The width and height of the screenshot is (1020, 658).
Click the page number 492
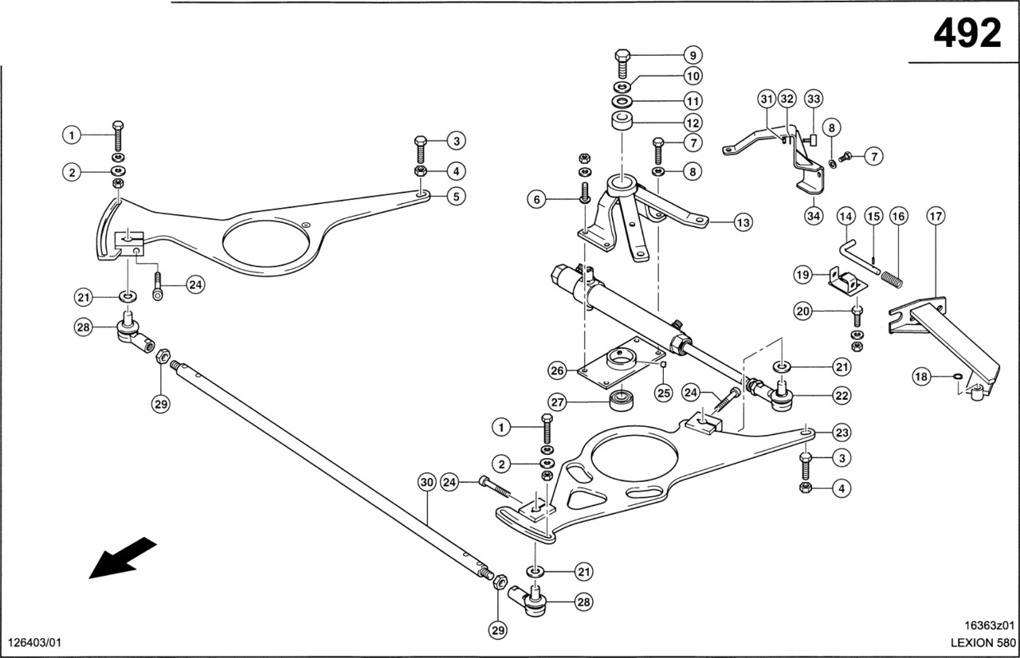[x=967, y=33]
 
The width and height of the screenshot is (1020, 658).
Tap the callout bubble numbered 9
[x=693, y=56]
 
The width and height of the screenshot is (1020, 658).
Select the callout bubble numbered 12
[x=693, y=123]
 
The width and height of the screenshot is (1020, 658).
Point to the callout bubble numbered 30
[x=426, y=483]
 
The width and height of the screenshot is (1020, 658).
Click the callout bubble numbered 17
[x=936, y=216]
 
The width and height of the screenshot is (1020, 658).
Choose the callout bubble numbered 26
[x=558, y=371]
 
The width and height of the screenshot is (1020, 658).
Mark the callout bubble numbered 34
[x=814, y=216]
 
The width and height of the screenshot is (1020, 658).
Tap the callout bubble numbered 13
[x=743, y=222]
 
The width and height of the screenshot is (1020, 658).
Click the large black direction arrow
[x=122, y=558]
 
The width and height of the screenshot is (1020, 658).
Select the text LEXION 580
[x=983, y=643]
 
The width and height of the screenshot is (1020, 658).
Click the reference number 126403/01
[x=34, y=643]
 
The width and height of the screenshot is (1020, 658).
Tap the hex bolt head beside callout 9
[x=622, y=56]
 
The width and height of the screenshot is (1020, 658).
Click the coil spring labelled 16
[x=892, y=279]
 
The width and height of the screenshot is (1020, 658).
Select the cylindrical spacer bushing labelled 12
[x=622, y=120]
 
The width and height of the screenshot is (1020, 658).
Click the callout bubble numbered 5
[x=457, y=197]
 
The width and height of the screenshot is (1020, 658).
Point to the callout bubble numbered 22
[x=841, y=395]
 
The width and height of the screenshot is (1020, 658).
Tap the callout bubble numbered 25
[x=664, y=392]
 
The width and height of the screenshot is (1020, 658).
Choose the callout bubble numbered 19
[x=802, y=275]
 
